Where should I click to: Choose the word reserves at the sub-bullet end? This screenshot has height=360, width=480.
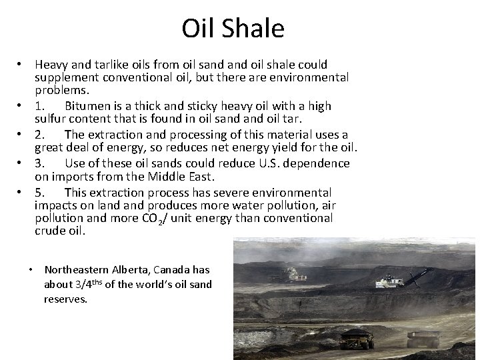(65, 299)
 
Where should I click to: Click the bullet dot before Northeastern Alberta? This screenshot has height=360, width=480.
(31, 269)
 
